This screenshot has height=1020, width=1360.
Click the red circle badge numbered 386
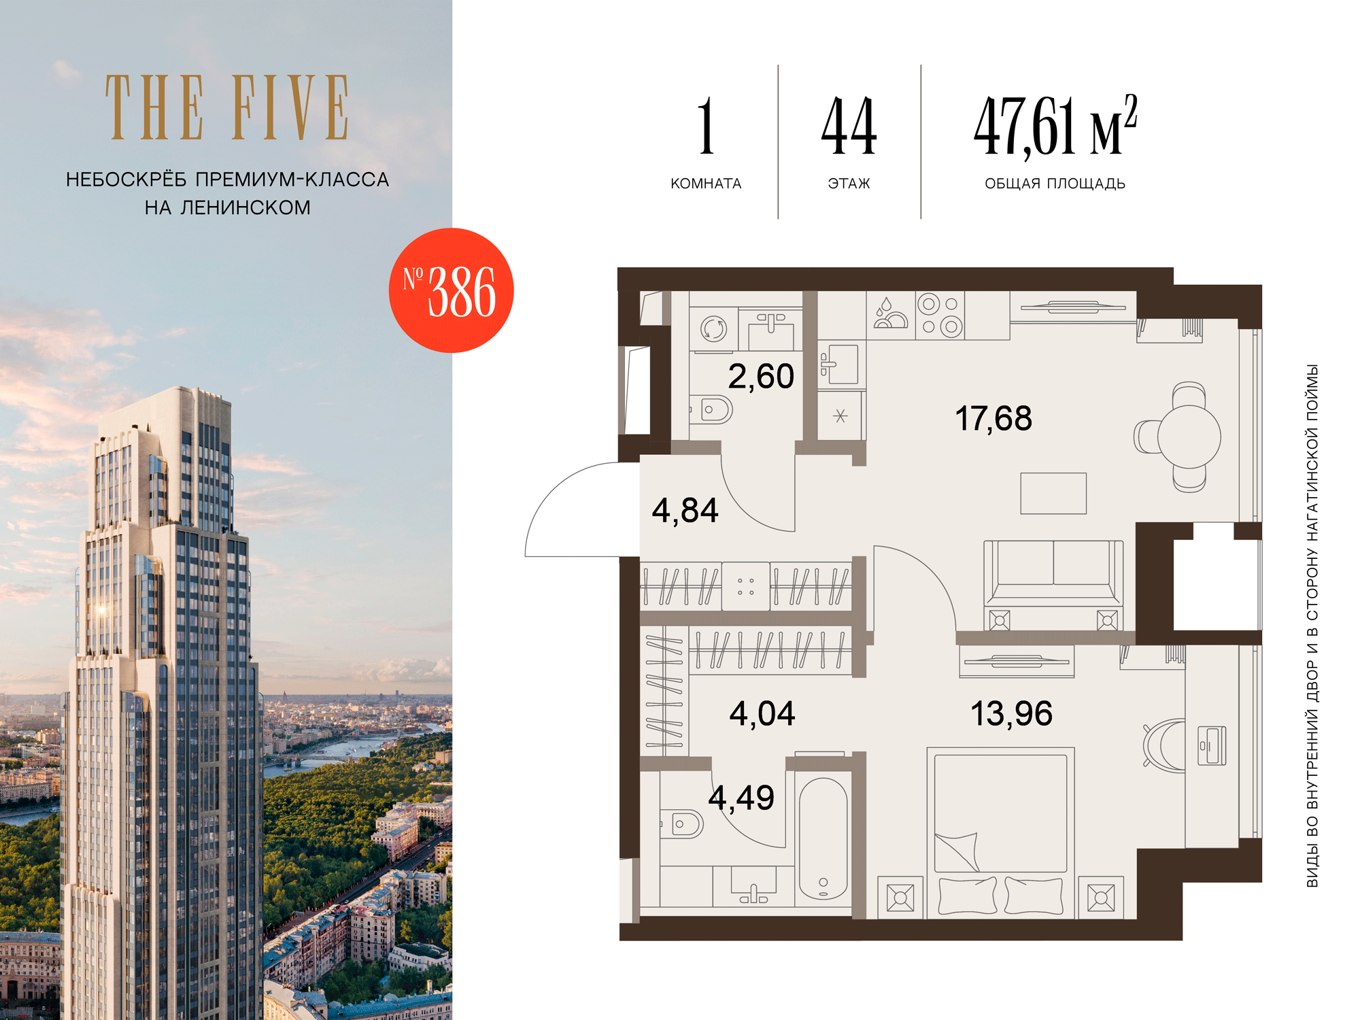pos(451,290)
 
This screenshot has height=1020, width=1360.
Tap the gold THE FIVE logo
pos(227,107)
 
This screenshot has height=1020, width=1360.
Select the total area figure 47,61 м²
pos(1055,126)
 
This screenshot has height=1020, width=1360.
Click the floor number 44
pos(849,126)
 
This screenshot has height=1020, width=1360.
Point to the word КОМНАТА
pos(706,184)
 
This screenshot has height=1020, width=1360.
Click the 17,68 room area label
pos(993,418)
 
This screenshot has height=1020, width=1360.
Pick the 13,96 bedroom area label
pos(1011,714)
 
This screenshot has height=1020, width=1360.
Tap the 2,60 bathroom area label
pos(761,377)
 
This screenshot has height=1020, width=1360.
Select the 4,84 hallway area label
pos(685,511)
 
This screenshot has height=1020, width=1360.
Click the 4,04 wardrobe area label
pos(762,714)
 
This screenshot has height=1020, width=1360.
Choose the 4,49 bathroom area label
pos(741,798)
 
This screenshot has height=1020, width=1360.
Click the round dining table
pos(1189,437)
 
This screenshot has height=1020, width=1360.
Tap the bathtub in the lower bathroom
pos(823,839)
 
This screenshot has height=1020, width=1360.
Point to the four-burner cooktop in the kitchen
pos(940,316)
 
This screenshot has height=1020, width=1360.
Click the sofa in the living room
pos(1053,573)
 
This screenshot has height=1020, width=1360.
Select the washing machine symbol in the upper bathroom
pos(713,329)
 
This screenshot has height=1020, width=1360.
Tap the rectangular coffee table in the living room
pos(1053,493)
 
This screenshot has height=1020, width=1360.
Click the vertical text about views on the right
pos(1312,626)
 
